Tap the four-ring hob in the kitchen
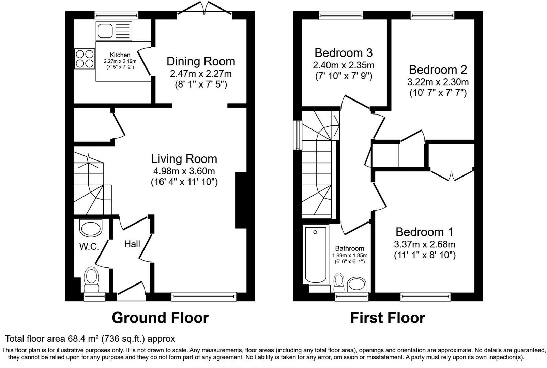[85, 59]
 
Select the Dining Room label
[201, 61]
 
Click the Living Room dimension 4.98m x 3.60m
[184, 171]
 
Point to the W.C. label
[89, 246]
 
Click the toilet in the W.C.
[91, 277]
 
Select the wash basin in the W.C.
[91, 227]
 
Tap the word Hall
[132, 244]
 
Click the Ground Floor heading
[160, 318]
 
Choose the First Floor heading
[388, 318]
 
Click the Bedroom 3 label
[343, 53]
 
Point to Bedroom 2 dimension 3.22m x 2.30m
[438, 82]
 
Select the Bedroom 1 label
[424, 232]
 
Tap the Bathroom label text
[349, 248]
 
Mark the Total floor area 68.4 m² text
[90, 339]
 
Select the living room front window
[204, 297]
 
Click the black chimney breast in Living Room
[241, 200]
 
